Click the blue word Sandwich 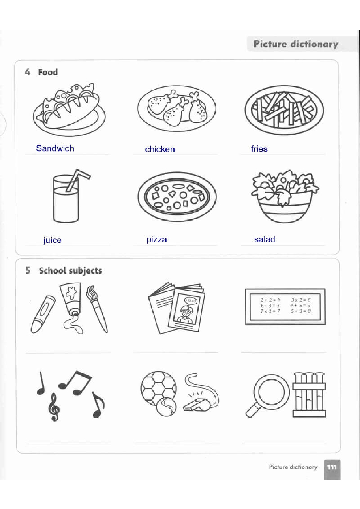click(55, 148)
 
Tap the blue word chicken click(160, 149)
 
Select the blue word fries click(259, 149)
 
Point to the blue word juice click(52, 240)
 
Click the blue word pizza click(156, 239)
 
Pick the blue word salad click(265, 239)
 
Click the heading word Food click(48, 72)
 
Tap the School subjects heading click(70, 271)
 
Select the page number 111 click(332, 467)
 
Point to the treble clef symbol click(54, 407)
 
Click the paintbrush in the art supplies click(97, 309)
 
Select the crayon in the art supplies click(43, 314)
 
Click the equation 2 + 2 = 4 click(270, 300)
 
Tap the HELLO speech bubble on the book click(191, 301)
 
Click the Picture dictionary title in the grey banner click(296, 44)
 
